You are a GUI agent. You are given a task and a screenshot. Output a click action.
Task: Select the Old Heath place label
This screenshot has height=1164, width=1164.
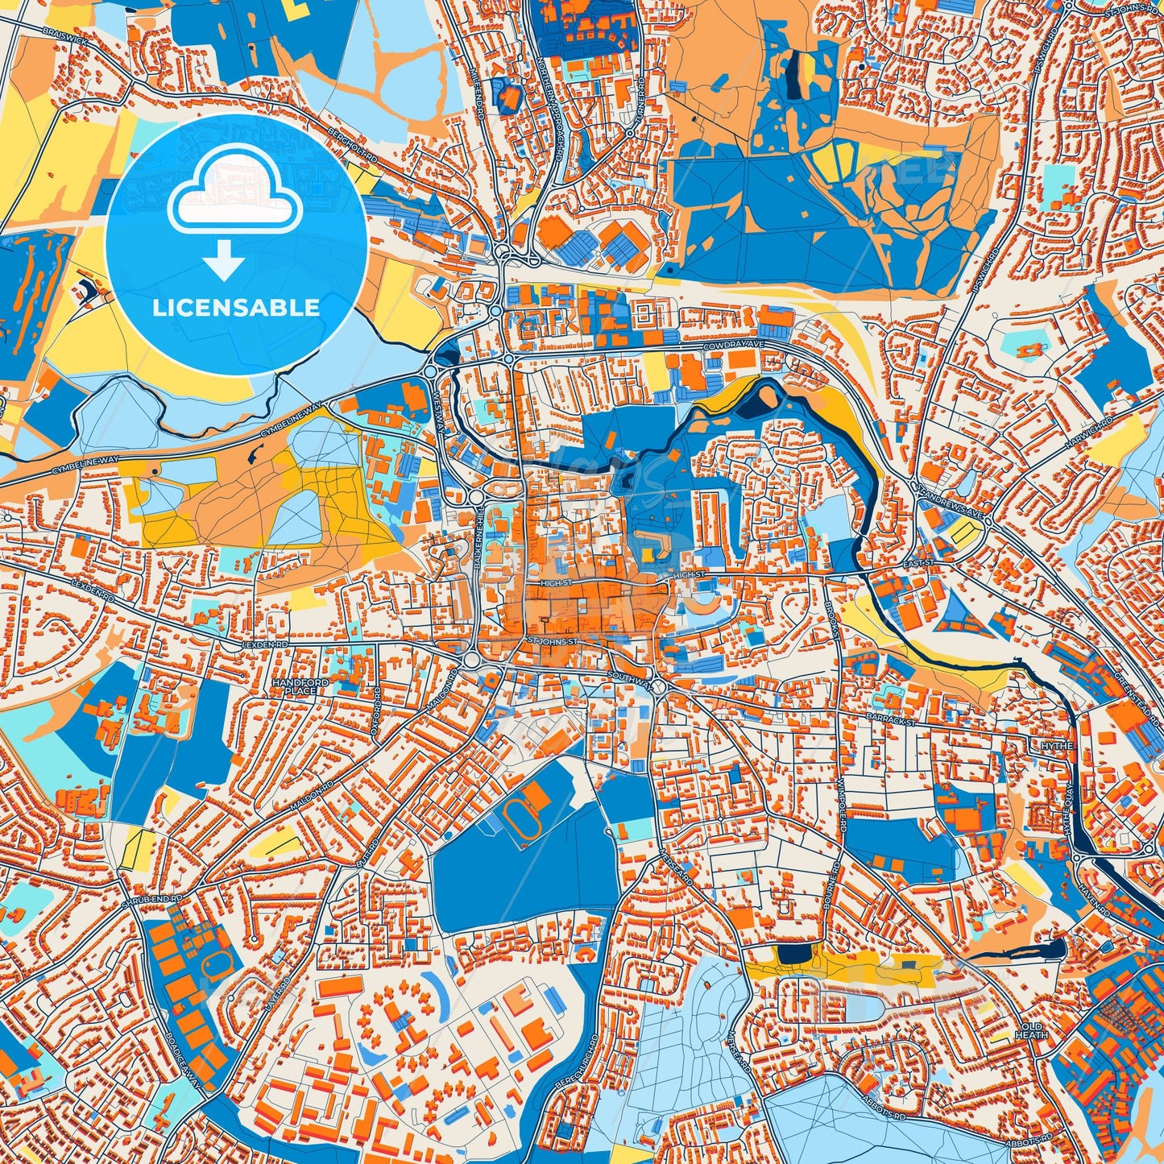[1032, 1030]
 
